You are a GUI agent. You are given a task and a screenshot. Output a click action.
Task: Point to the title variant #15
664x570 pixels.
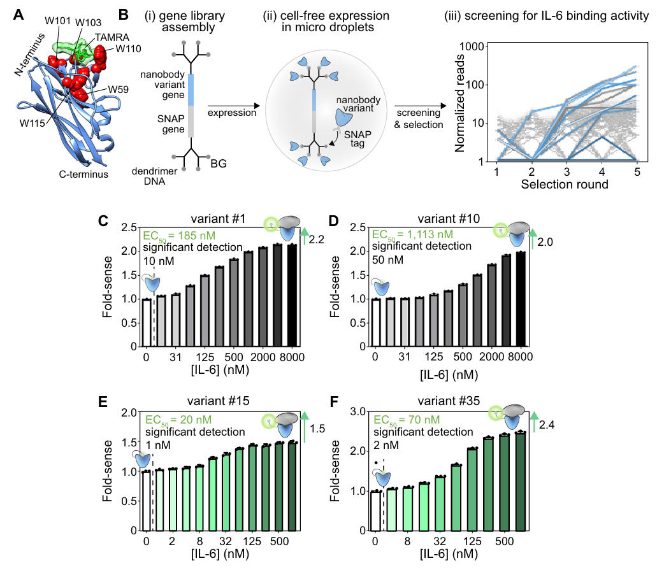tap(227, 401)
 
